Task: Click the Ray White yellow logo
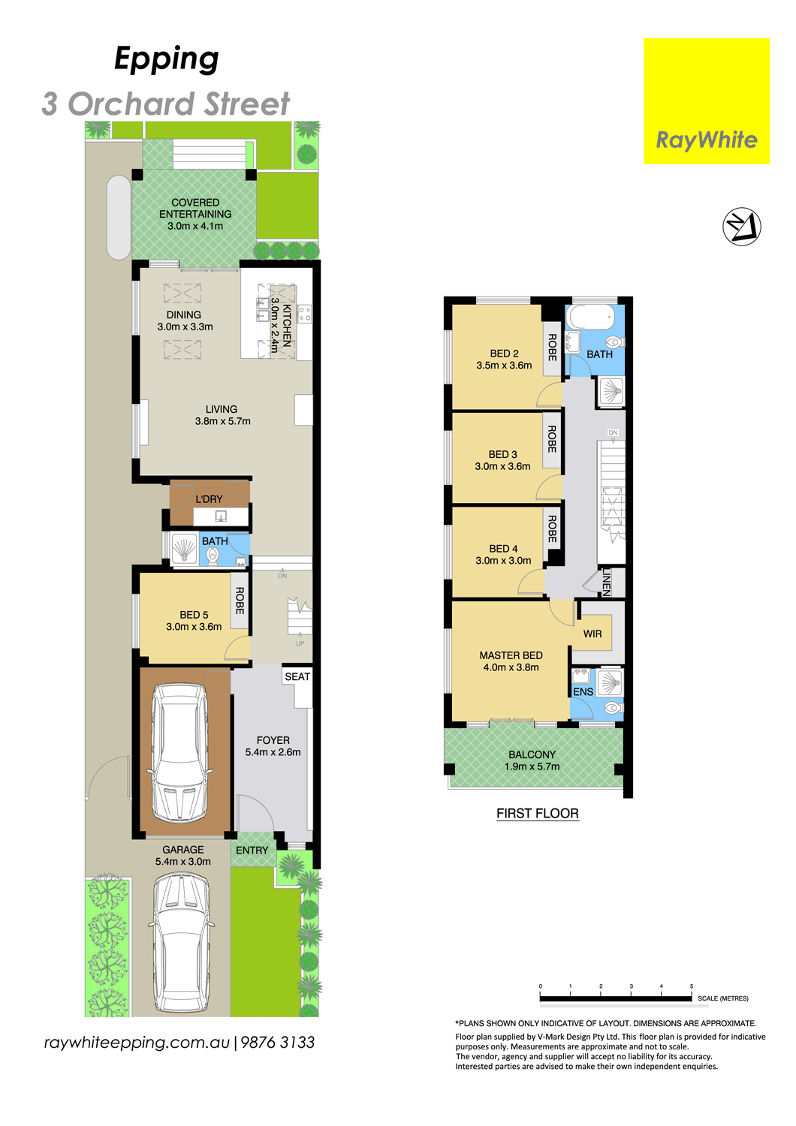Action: [x=706, y=101]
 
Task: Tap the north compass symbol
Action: [x=741, y=227]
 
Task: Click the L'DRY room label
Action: [x=209, y=499]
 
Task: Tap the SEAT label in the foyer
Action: [x=297, y=676]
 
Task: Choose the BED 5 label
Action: [x=194, y=615]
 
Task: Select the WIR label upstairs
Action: [x=592, y=634]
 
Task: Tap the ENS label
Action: [x=583, y=691]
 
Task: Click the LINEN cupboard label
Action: [x=607, y=582]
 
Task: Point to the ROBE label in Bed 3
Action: [x=552, y=439]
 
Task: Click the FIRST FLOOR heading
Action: [x=538, y=813]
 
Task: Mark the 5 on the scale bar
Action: [x=692, y=986]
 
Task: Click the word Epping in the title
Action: [x=167, y=59]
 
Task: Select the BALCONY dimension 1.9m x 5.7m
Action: [x=532, y=766]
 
